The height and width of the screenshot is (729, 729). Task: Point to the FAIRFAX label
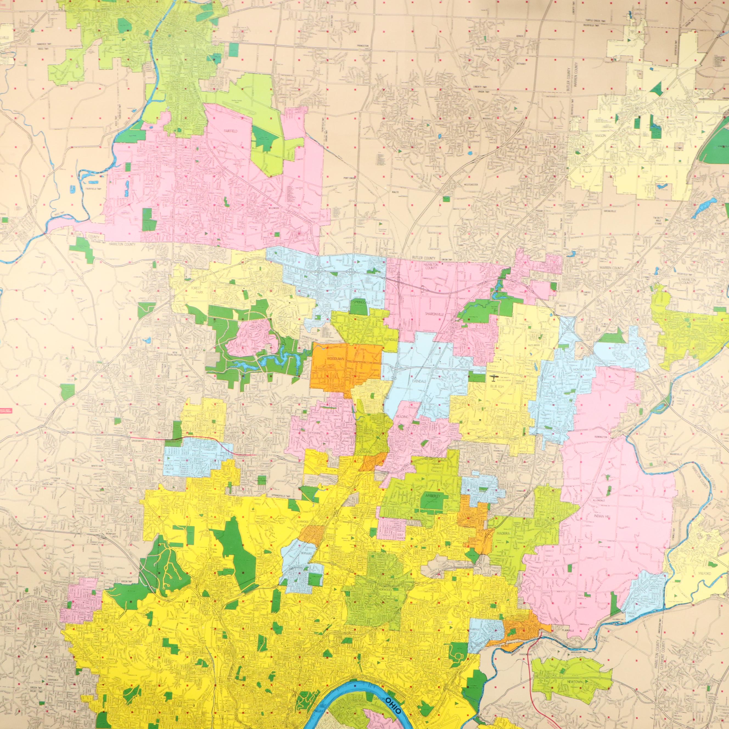click(x=474, y=630)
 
